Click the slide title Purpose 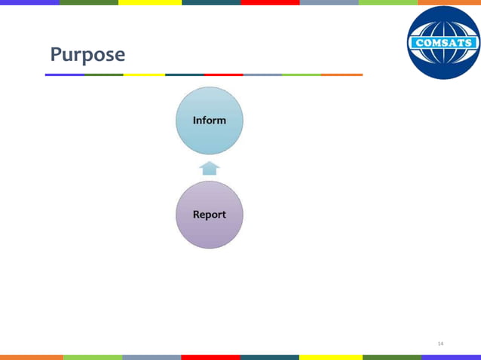pos(87,55)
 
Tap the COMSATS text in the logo pos(444,43)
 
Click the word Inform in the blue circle pos(209,121)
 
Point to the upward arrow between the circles pos(209,168)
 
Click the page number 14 pos(440,343)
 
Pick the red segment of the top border pos(270,2)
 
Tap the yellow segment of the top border pos(150,2)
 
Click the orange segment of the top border pos(449,2)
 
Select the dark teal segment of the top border pos(211,2)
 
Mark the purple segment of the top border pos(29,2)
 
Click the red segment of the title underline pos(223,75)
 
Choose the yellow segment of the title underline pos(144,75)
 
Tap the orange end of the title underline pos(342,75)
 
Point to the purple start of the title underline pos(65,75)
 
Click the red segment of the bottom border pos(210,357)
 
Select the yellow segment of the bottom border pos(330,357)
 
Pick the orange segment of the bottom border pos(31,357)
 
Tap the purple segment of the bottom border pos(451,357)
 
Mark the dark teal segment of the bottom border pos(269,357)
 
